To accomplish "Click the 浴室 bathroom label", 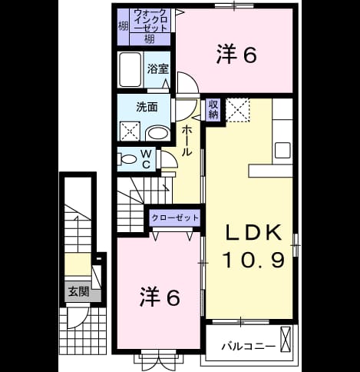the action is pos(158,68).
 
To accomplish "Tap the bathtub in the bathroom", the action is pos(130,69).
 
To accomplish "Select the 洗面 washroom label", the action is pos(147,107).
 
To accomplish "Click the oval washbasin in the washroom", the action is pos(157,134).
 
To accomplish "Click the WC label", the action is pos(146,159).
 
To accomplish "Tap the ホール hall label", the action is pos(187,141).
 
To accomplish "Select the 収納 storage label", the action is pos(213,110).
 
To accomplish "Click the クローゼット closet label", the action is pos(175,218).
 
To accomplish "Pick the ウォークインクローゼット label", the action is pos(150,20).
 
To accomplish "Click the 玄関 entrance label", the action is pos(78,291).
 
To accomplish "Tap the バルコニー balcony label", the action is pos(249,347).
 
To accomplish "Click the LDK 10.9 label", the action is pos(253,246).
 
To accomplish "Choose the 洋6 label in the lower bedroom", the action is pos(160,297).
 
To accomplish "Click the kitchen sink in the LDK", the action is pos(282,150).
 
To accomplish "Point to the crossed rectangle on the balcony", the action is pos(286,339).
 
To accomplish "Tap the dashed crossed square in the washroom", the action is pos(130,131).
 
